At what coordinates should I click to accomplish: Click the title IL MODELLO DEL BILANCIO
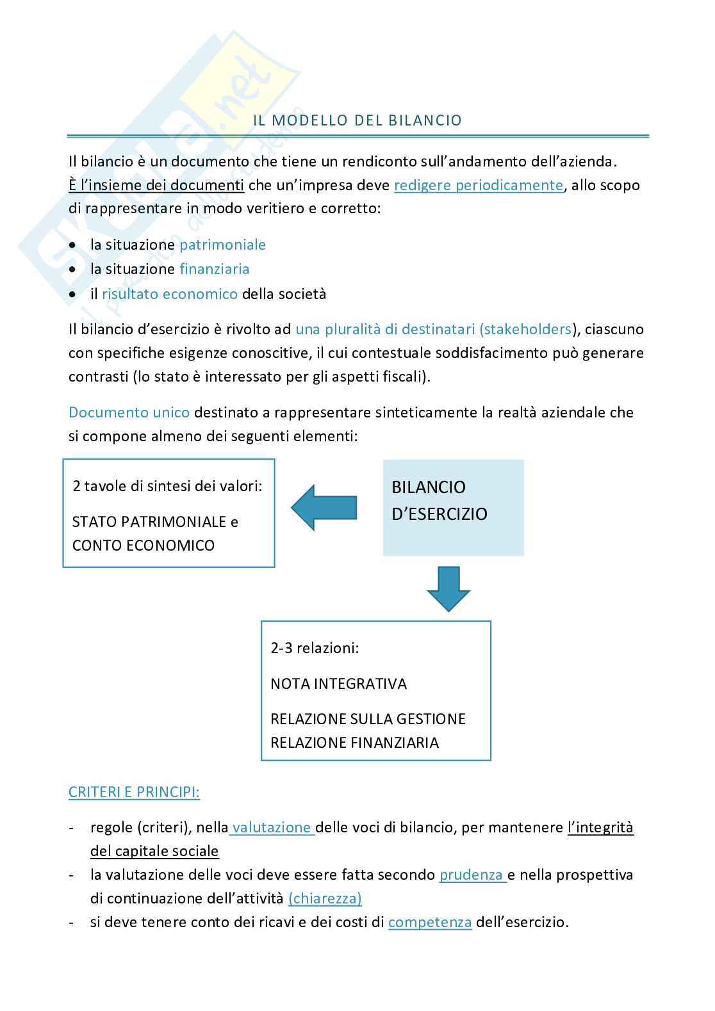[357, 120]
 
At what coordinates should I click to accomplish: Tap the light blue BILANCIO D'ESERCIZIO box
[453, 507]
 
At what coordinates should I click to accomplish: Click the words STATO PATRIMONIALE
[149, 522]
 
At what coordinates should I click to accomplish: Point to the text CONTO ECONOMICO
[143, 546]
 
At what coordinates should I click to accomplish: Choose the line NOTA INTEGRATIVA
[338, 684]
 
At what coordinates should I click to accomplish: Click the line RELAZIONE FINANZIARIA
[354, 743]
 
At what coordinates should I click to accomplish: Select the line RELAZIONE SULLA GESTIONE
[368, 719]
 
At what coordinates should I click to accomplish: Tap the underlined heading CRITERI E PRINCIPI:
[134, 792]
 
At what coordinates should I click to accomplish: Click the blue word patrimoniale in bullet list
[222, 245]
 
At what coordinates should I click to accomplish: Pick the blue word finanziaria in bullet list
[214, 269]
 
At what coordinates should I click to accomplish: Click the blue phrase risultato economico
[169, 294]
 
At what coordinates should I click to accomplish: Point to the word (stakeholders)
[527, 329]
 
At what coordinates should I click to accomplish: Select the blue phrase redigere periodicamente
[479, 186]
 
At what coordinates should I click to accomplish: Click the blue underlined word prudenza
[472, 875]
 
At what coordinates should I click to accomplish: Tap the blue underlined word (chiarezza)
[325, 898]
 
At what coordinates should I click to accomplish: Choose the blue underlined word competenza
[430, 923]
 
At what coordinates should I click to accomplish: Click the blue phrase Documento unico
[129, 412]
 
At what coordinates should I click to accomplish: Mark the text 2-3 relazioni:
[315, 648]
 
